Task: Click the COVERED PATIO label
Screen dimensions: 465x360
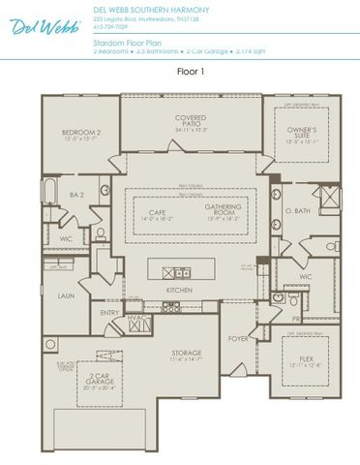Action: pyautogui.click(x=191, y=121)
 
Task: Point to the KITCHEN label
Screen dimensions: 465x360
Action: pyautogui.click(x=179, y=290)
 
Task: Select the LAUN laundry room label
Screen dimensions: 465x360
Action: pyautogui.click(x=66, y=295)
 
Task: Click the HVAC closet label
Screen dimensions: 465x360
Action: pyautogui.click(x=136, y=317)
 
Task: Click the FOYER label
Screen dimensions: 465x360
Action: pyautogui.click(x=237, y=339)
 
